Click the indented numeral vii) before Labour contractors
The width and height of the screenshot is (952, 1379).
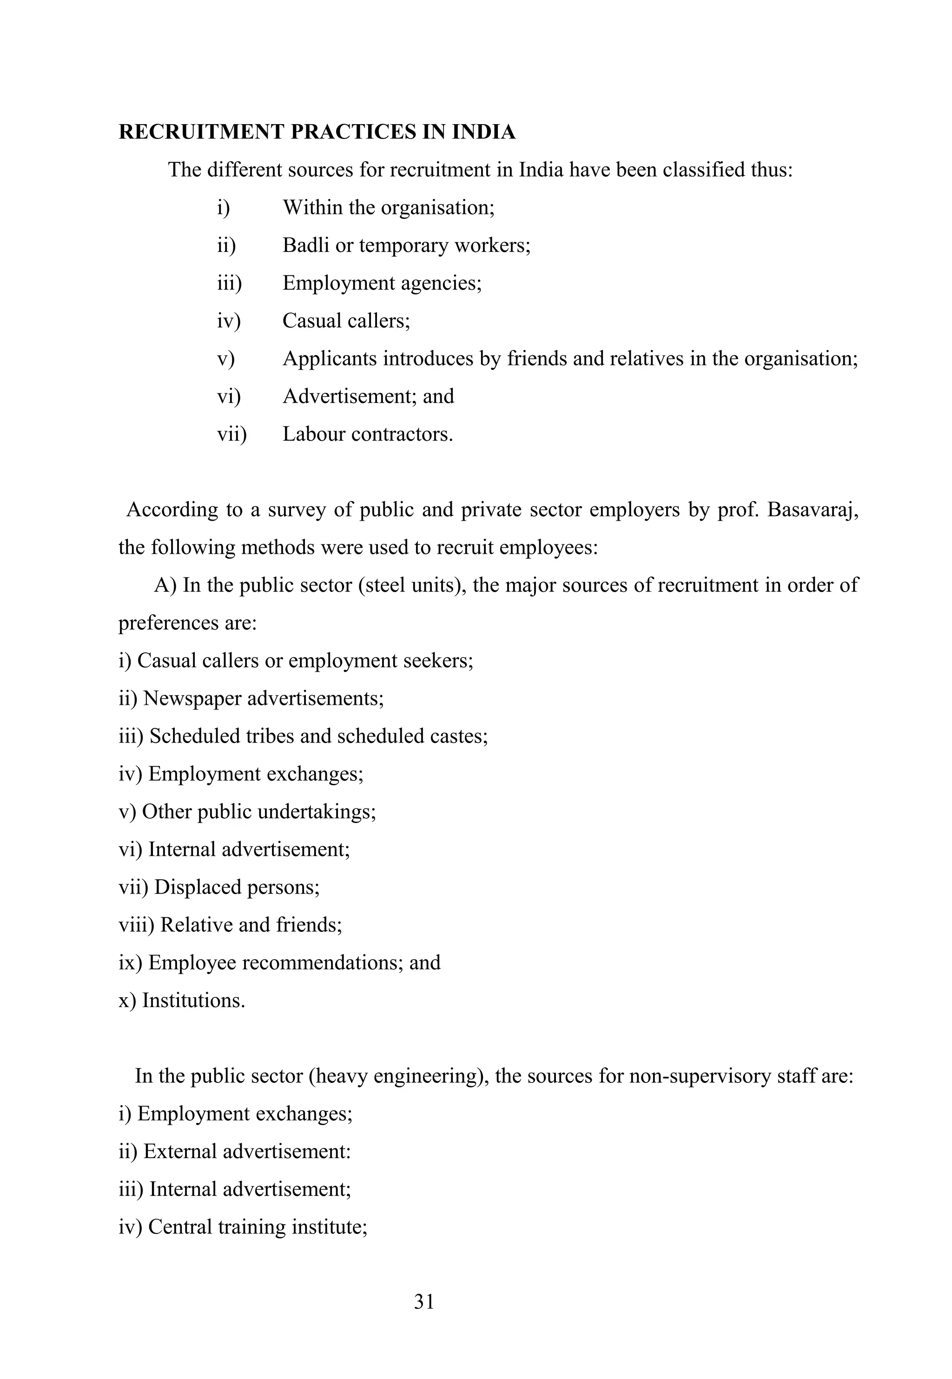(x=231, y=434)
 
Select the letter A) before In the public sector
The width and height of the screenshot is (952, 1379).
(x=165, y=585)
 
